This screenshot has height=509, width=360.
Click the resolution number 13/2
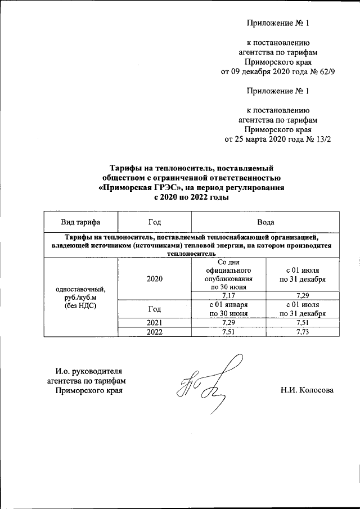pyautogui.click(x=320, y=139)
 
